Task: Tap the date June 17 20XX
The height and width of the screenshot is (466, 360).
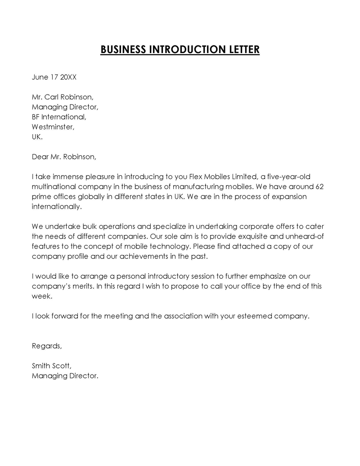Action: (x=54, y=77)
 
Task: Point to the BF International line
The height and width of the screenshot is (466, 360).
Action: (x=58, y=117)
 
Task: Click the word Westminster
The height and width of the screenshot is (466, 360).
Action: (x=53, y=127)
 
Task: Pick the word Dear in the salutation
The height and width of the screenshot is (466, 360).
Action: (x=40, y=157)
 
